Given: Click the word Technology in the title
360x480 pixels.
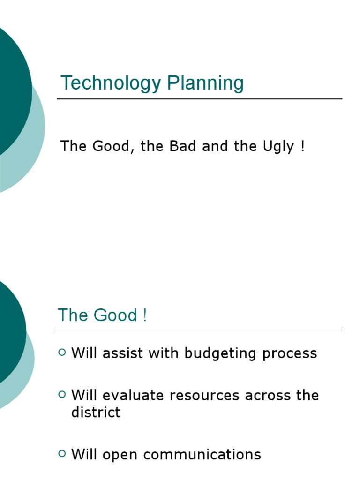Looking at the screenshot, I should [111, 84].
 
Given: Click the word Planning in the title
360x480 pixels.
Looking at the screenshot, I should [205, 84].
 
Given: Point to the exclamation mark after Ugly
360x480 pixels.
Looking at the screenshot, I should [302, 146].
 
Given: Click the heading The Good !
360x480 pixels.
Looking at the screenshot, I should [102, 315].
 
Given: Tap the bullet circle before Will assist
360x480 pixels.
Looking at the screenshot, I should [62, 352].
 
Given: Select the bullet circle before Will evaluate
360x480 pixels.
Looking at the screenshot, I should [62, 395].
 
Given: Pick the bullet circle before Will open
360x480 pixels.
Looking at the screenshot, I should [62, 453].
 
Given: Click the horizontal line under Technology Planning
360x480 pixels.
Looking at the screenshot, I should [199, 99].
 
